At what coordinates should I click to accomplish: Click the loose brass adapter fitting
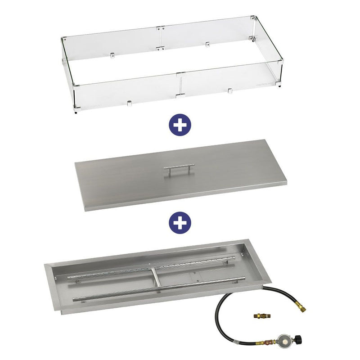point(260,316)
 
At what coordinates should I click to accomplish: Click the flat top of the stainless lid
point(135,180)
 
